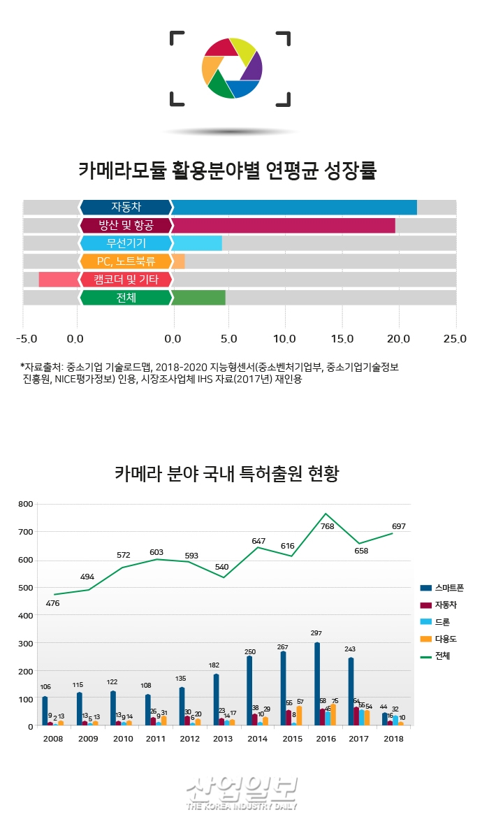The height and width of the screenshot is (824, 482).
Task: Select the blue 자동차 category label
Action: click(x=126, y=207)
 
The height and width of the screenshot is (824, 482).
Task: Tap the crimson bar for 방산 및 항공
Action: click(x=283, y=225)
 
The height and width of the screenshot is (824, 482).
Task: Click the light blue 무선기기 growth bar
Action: click(x=197, y=243)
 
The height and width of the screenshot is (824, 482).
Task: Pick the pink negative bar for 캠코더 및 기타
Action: click(x=58, y=280)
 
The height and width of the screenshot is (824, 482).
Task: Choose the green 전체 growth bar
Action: click(x=198, y=298)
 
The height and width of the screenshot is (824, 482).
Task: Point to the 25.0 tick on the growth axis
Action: click(x=454, y=339)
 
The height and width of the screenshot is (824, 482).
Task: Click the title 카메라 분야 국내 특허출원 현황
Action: click(x=227, y=474)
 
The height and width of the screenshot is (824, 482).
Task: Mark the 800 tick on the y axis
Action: click(x=25, y=504)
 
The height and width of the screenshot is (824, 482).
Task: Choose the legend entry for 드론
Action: click(x=441, y=621)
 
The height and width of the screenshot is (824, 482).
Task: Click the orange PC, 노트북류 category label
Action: click(x=126, y=261)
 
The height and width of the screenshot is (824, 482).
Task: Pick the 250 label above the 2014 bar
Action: click(x=250, y=651)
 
